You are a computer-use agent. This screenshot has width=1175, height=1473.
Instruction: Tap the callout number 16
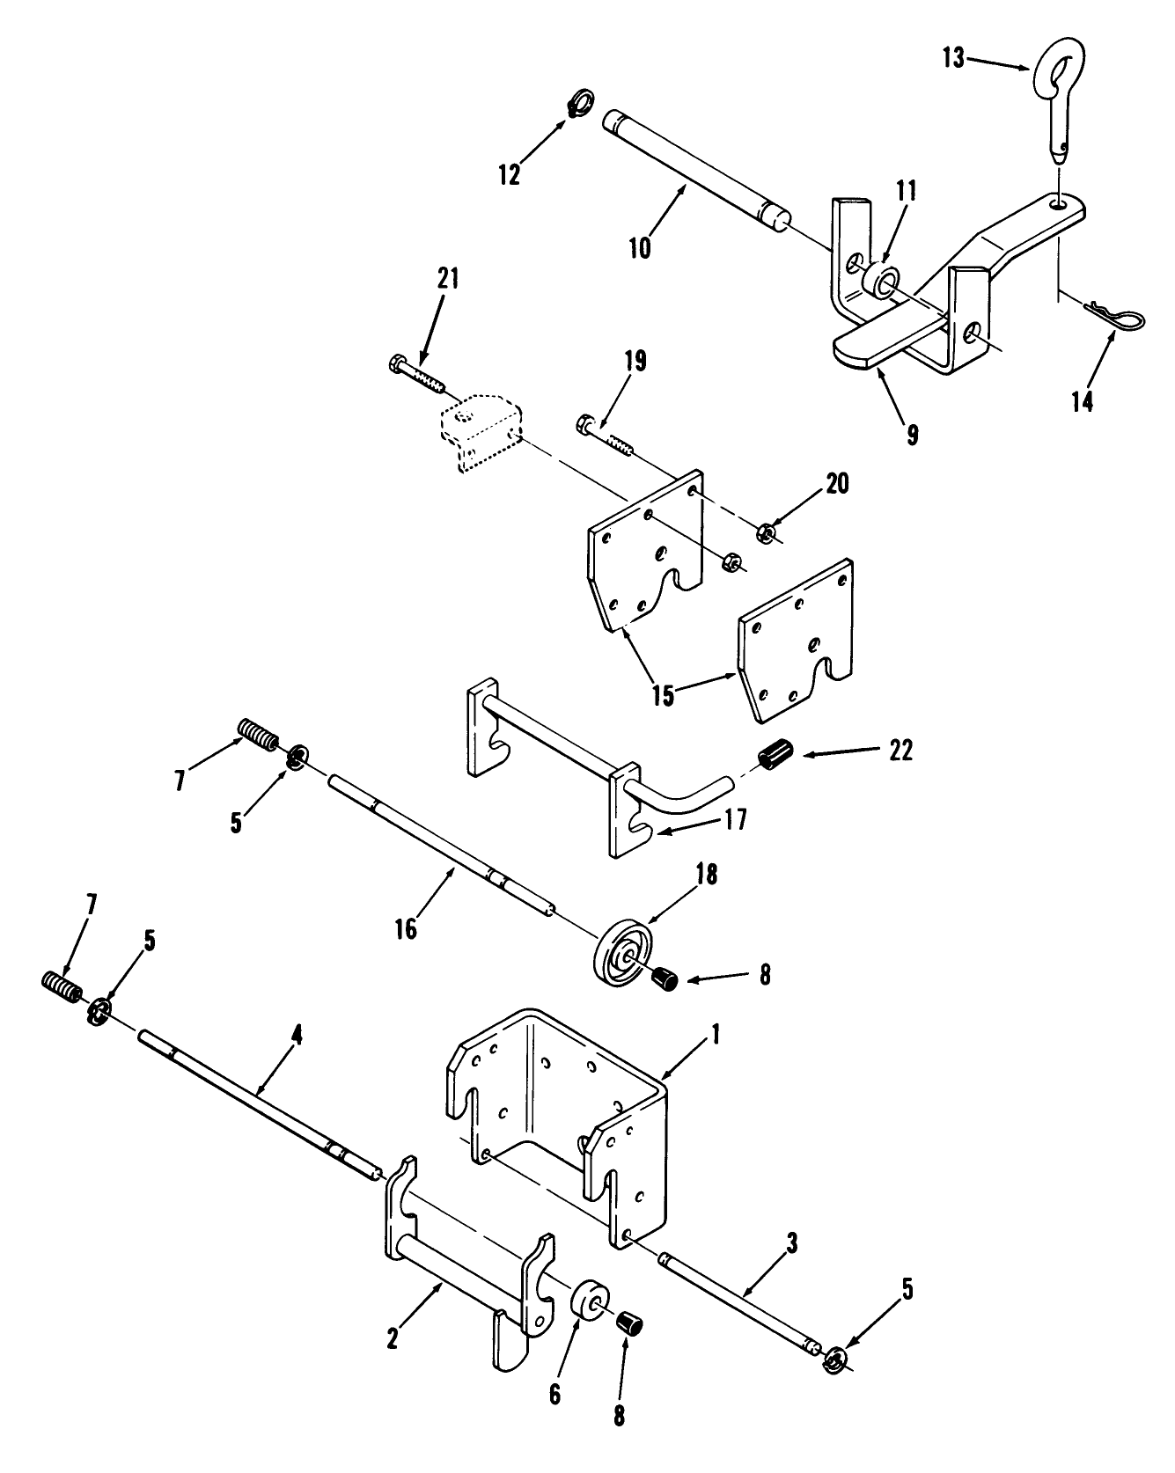pyautogui.click(x=406, y=928)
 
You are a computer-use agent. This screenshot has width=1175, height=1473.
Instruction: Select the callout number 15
pyautogui.click(x=664, y=694)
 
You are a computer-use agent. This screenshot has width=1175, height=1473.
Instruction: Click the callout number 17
pyautogui.click(x=736, y=820)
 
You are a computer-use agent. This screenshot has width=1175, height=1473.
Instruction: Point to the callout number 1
pyautogui.click(x=715, y=1035)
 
